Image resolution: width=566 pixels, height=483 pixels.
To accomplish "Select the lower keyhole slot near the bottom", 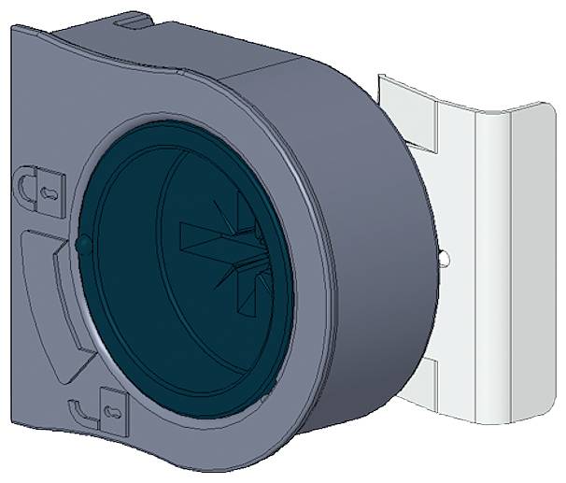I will click(111, 410).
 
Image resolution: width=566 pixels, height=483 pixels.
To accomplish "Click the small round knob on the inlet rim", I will click(81, 245).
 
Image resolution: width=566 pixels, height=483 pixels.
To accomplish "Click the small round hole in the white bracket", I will click(444, 255).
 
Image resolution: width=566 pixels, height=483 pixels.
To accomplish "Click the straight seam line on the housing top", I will click(262, 71).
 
